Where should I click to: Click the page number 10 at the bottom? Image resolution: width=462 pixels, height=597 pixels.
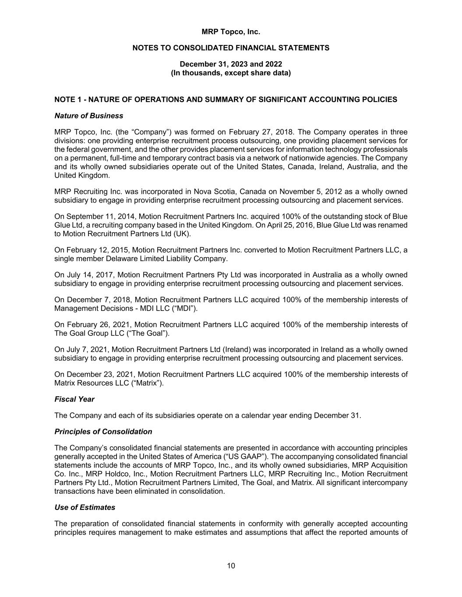tap(231, 566)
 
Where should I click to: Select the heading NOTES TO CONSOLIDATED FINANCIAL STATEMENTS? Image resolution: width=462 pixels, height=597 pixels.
tap(231, 48)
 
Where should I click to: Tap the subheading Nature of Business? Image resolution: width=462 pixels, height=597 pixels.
tap(89, 116)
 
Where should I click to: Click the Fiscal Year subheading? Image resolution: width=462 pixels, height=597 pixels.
tap(74, 399)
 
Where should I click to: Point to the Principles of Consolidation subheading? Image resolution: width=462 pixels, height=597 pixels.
tap(103, 432)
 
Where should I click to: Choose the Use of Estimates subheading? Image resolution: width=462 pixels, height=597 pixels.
tap(85, 507)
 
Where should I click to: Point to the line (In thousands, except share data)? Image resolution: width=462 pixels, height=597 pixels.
tap(231, 73)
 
